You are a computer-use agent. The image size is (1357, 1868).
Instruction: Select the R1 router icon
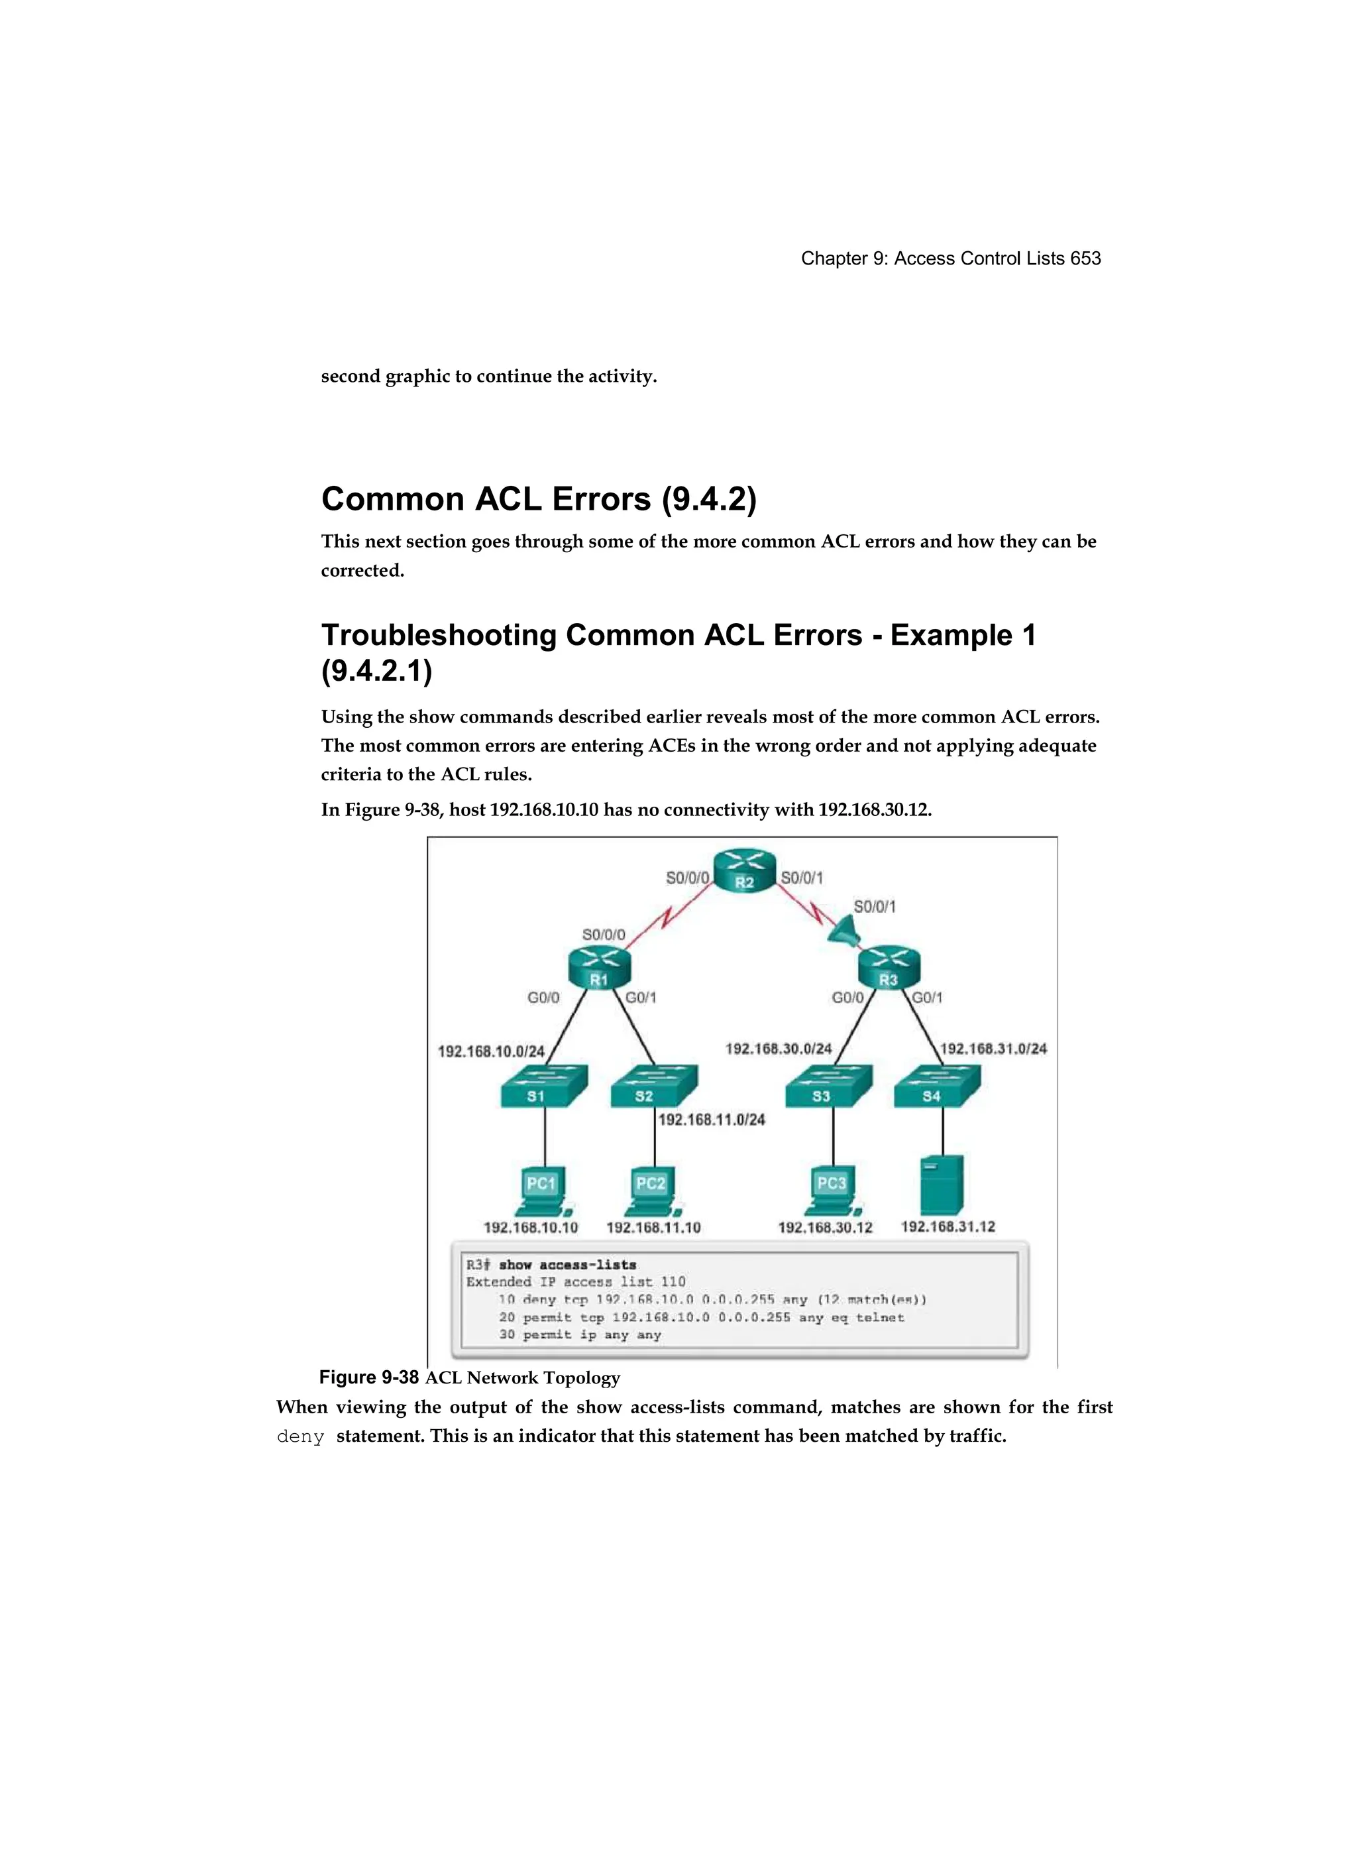[x=598, y=968]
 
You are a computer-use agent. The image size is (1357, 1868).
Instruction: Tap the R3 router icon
[x=889, y=968]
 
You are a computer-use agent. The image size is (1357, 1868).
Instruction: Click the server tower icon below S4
[x=942, y=1185]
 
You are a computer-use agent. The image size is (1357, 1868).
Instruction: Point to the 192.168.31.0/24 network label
[x=993, y=1049]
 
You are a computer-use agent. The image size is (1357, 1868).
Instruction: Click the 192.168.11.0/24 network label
[x=712, y=1120]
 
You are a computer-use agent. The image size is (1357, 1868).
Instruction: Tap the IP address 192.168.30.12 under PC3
[x=825, y=1227]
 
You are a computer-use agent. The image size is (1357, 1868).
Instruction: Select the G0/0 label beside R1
[x=543, y=998]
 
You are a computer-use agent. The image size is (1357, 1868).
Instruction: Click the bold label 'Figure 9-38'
[x=369, y=1377]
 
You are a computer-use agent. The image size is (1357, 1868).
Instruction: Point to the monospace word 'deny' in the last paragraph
[x=301, y=1437]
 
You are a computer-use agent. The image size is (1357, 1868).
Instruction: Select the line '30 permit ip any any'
[x=580, y=1334]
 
